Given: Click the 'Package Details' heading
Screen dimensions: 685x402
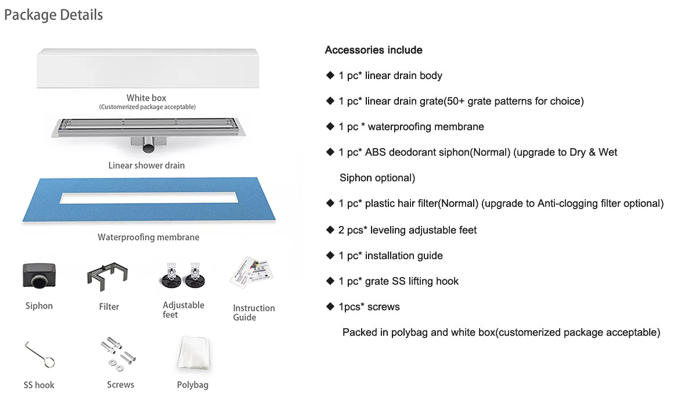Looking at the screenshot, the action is (53, 15).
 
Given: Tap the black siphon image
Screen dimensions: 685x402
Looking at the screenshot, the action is (39, 275).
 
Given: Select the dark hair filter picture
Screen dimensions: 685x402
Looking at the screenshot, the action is (107, 276).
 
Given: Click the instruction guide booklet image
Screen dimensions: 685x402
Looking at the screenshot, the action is (251, 272).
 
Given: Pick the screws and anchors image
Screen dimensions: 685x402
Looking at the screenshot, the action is (118, 354).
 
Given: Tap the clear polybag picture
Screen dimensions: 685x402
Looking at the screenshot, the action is (193, 353).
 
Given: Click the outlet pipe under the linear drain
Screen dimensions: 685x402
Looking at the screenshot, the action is (149, 145).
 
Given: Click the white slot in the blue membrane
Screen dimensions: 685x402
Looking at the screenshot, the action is (149, 198).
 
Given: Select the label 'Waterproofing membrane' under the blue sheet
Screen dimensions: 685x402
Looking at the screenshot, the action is (149, 237).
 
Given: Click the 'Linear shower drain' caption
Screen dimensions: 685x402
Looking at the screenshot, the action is (146, 166).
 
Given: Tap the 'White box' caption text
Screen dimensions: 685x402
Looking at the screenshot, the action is (146, 98).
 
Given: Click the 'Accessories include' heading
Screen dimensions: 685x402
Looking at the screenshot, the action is (373, 50).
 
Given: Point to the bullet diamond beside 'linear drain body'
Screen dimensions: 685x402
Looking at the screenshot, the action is (330, 75).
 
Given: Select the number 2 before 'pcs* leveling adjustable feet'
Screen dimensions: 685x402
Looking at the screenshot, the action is (341, 230).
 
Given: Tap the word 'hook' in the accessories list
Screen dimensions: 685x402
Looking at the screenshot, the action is (447, 281).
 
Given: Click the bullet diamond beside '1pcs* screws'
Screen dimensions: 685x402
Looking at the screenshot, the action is (330, 306).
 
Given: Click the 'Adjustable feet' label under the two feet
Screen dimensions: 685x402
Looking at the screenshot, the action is (183, 310).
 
